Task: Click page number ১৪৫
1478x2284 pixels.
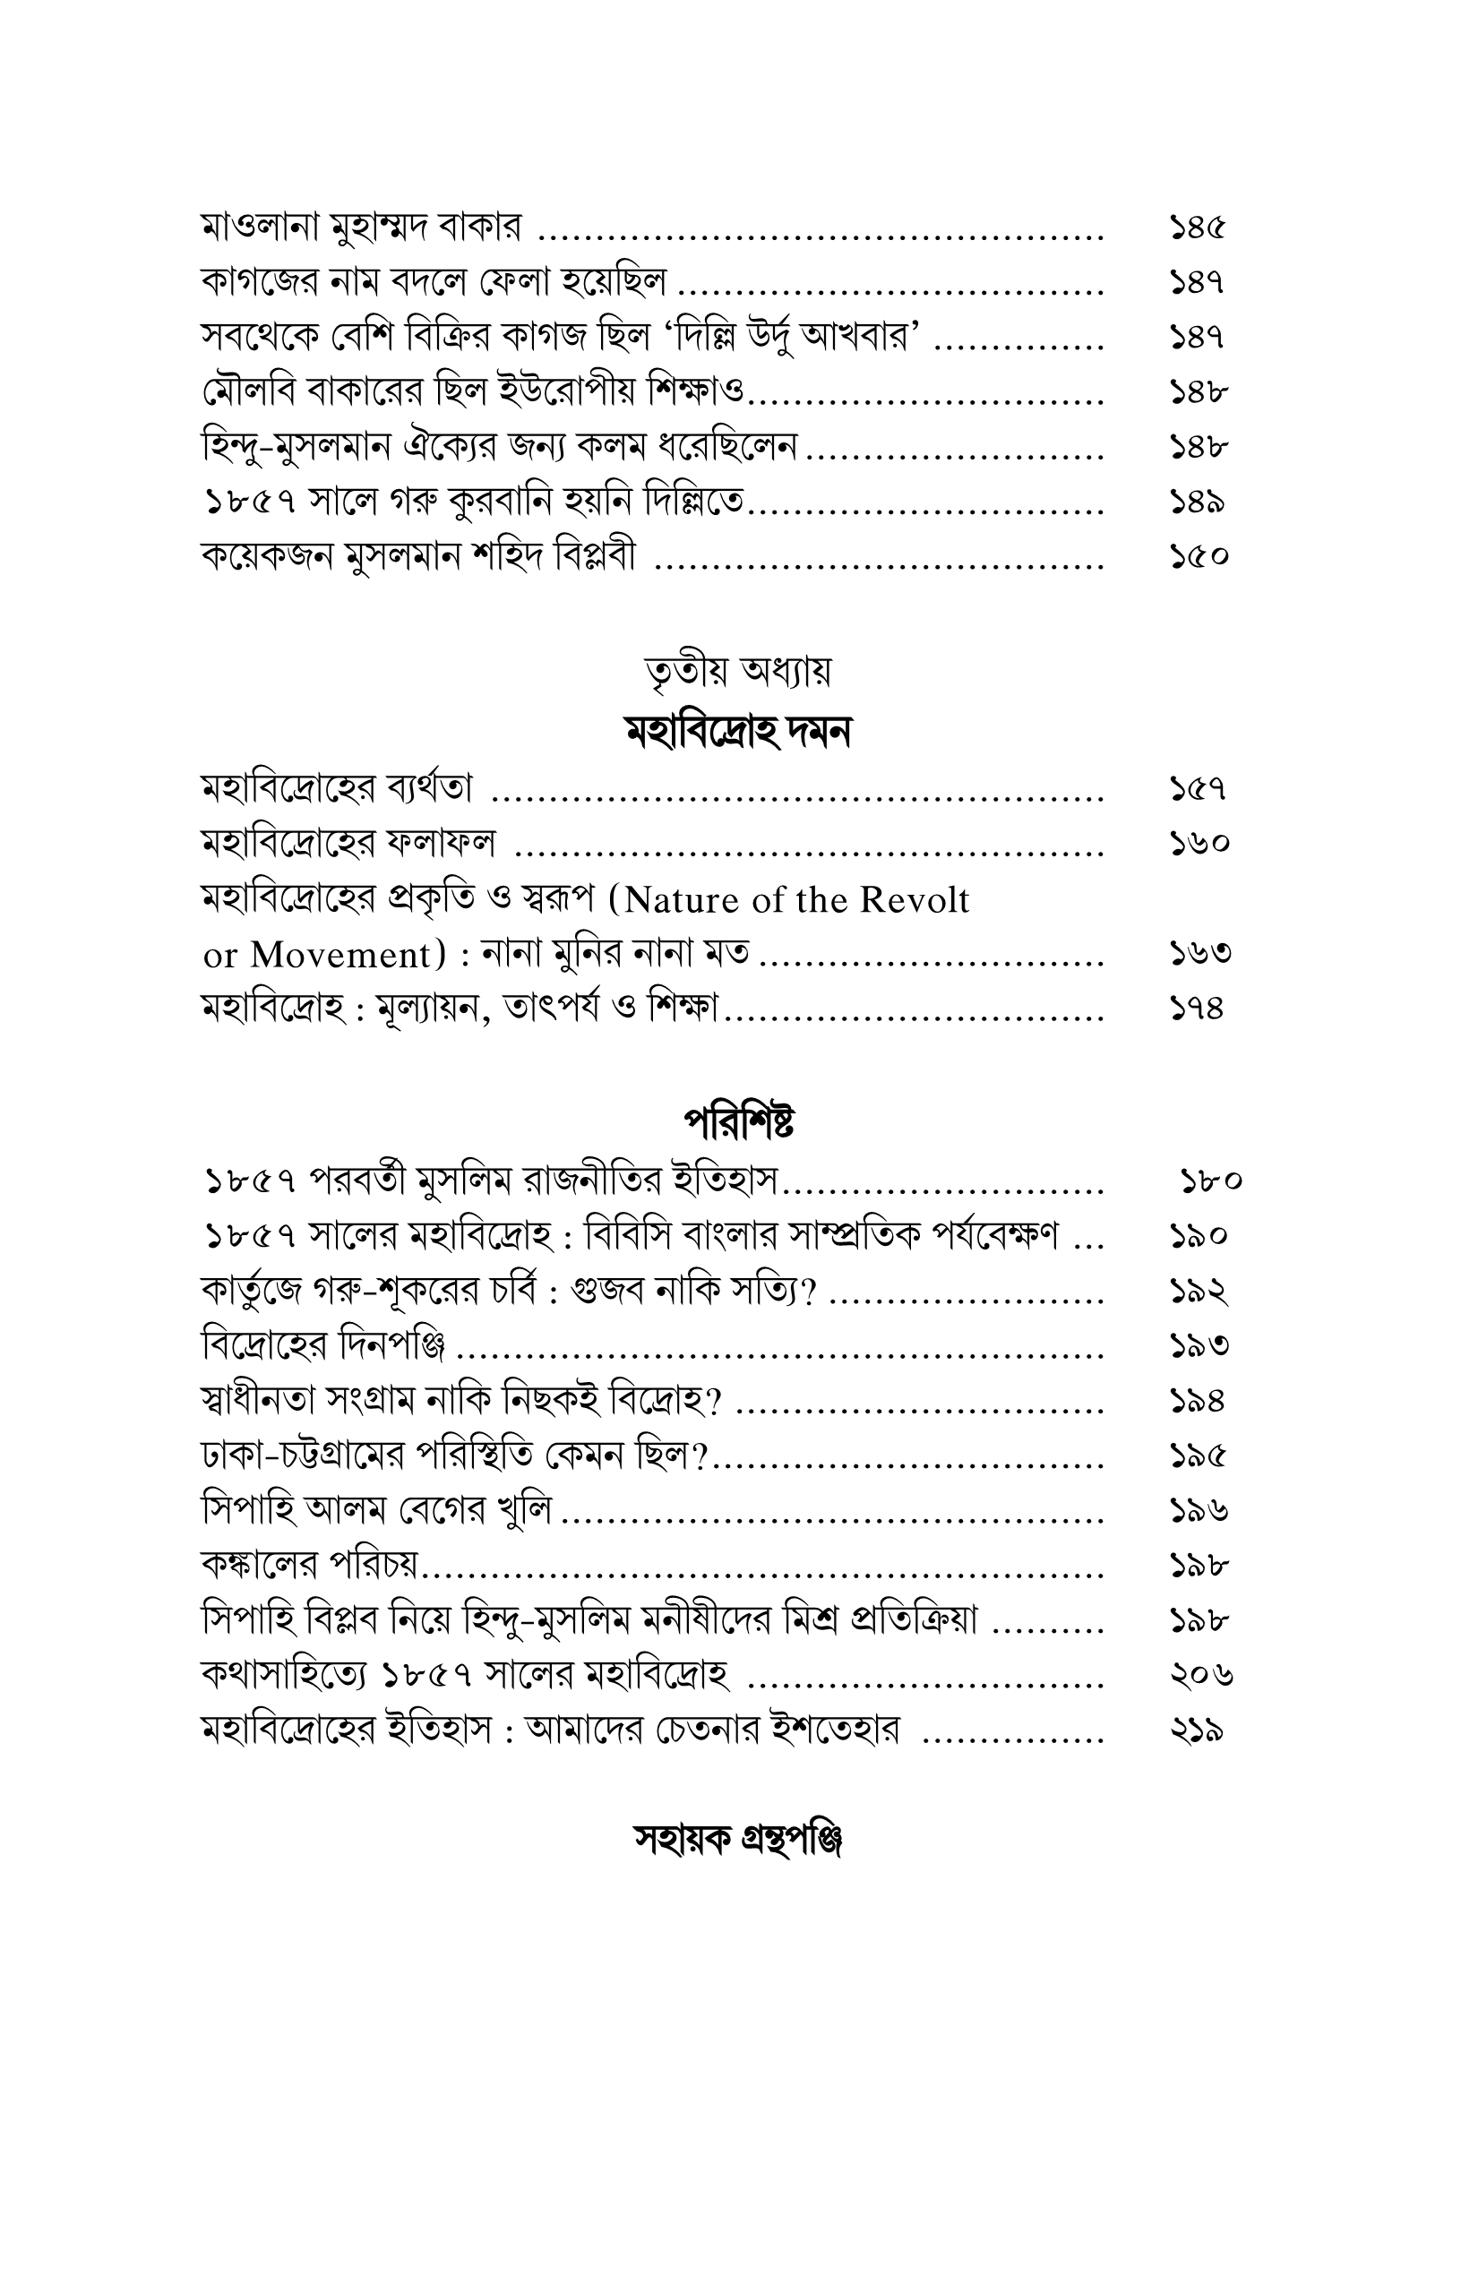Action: (x=1198, y=228)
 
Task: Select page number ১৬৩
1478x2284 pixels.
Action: (x=1199, y=954)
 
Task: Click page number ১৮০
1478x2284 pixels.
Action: (x=1211, y=1181)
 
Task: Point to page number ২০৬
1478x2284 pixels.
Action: (x=1200, y=1676)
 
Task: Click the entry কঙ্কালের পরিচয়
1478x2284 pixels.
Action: (x=311, y=1567)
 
